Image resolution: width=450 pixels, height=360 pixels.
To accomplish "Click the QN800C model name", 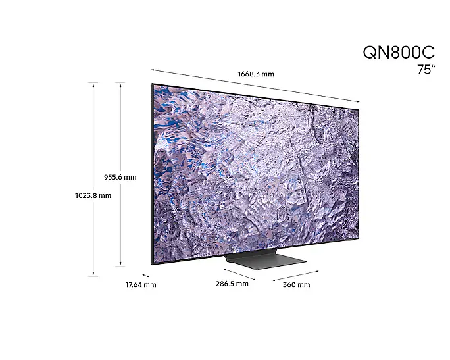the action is pos(399,53).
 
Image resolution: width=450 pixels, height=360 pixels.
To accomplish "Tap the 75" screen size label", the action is pos(426,70).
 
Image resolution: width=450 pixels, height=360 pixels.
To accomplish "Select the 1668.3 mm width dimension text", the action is pos(256,74).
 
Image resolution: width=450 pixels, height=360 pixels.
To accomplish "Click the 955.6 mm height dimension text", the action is pos(120,177).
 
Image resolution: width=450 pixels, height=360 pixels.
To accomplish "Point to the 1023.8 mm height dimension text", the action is pos(93,195).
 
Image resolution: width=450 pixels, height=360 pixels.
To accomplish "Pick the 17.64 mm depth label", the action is pos(141,285).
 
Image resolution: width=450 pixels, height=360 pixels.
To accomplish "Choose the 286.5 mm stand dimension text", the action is pos(232,284).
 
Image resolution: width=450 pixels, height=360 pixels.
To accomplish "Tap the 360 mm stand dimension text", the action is pos(296,285).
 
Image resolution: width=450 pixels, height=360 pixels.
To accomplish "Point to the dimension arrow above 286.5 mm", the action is pos(239,274).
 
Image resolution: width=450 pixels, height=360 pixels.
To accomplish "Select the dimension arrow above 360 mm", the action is pos(295,276).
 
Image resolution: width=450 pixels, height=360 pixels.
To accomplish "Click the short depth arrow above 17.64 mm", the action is pos(145,275).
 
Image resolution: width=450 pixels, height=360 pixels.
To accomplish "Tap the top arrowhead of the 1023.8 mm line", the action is pos(93,84).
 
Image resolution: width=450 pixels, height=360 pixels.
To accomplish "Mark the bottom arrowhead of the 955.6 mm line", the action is pos(120,265).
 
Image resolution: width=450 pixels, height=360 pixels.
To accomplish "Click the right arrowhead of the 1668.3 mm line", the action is pos(358,101).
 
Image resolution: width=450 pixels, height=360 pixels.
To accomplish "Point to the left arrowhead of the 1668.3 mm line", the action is pos(153,70).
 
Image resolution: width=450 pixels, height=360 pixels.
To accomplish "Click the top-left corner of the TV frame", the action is pos(151,84).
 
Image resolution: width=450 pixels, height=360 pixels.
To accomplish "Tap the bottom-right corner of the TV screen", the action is pos(358,237).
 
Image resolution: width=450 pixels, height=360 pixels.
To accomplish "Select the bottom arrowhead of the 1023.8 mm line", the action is pos(93,274).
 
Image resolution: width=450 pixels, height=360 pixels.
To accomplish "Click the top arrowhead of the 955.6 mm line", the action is pos(120,84).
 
